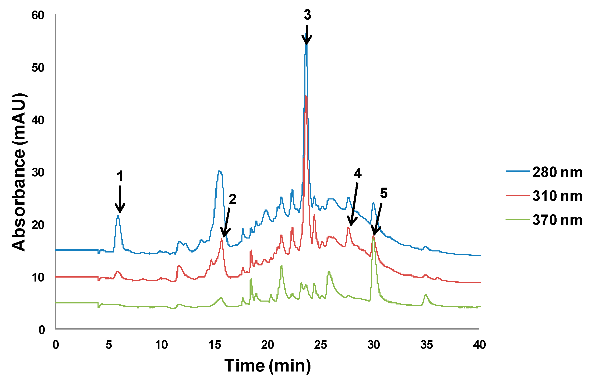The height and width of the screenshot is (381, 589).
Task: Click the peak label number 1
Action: coord(120,176)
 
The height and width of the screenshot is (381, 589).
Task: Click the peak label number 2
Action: coord(232,199)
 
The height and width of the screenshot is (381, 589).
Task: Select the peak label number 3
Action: coord(307,15)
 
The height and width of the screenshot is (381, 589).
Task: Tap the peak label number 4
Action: coord(357,174)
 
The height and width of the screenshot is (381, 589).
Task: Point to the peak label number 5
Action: coord(384,193)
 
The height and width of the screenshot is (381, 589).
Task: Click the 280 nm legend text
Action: coord(557,173)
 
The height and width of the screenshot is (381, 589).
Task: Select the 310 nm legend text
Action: coord(557,196)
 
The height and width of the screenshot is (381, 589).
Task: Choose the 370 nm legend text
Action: coord(557,220)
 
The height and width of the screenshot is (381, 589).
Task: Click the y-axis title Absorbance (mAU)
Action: coord(19,172)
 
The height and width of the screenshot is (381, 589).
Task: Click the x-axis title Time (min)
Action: coord(267,366)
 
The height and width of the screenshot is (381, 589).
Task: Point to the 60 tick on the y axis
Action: coord(38,15)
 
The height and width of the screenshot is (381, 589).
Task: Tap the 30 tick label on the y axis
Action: coord(38,173)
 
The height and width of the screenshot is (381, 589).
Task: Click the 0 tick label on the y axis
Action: coord(42,330)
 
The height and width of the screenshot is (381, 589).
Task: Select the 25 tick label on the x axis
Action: coord(320,345)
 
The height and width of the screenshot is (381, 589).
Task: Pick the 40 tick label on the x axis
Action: coord(479,345)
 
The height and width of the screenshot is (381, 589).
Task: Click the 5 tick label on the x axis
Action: coord(109,345)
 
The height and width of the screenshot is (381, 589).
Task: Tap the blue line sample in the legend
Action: coord(517,171)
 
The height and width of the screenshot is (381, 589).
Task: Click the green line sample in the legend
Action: coord(517,219)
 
